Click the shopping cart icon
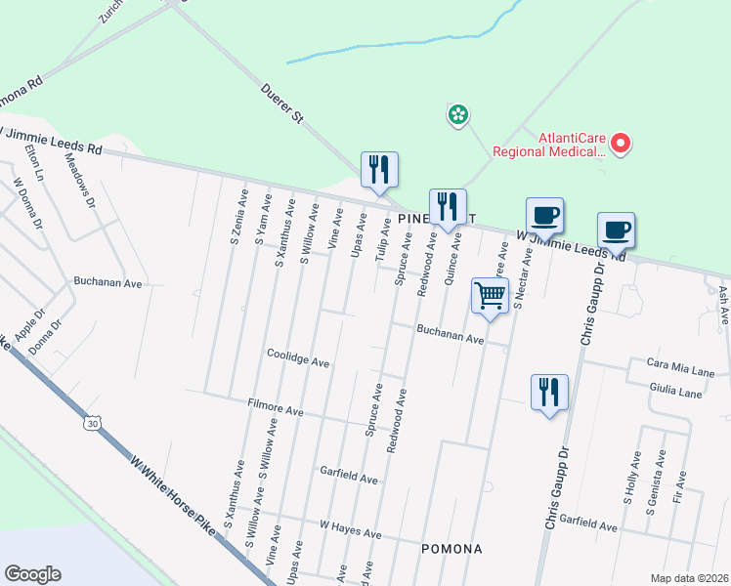(490, 294)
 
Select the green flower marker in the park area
(456, 116)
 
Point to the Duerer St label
(283, 104)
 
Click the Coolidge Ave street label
(298, 358)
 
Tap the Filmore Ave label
(277, 407)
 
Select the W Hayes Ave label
(350, 529)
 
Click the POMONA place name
(451, 549)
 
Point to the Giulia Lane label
(674, 392)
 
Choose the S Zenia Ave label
(236, 217)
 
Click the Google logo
(32, 574)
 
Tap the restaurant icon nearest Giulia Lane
(548, 393)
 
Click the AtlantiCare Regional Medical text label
(549, 145)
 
